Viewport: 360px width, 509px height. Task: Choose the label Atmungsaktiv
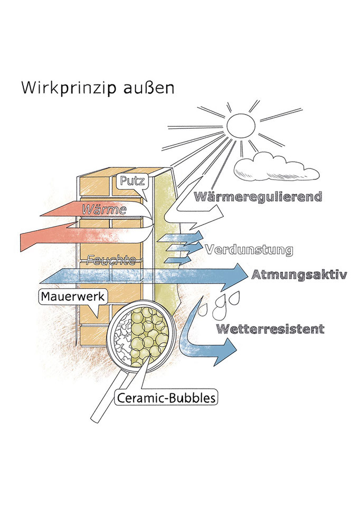[x=299, y=275]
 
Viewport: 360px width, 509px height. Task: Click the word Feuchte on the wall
[x=112, y=260]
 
